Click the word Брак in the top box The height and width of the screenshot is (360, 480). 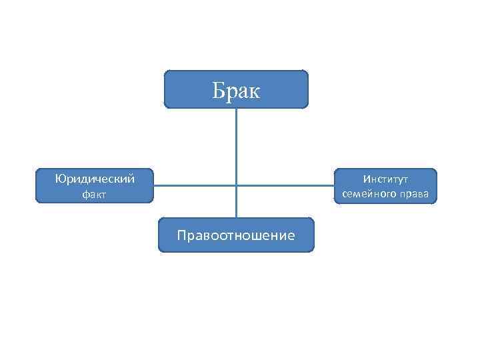[236, 90]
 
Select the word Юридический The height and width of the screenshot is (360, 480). [95, 179]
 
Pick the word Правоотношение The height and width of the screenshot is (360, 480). [236, 235]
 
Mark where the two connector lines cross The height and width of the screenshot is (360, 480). [236, 185]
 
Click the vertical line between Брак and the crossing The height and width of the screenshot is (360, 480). [236, 147]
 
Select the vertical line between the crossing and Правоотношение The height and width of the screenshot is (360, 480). [236, 202]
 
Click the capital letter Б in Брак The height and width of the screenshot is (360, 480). [218, 90]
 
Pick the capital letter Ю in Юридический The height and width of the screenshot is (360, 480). [59, 179]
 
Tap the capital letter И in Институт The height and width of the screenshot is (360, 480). [367, 179]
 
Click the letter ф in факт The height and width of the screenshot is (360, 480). [85, 195]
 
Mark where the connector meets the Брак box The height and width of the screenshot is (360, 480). [236, 108]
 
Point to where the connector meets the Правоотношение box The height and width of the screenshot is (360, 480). [236, 218]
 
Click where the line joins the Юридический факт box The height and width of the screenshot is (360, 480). [154, 185]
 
